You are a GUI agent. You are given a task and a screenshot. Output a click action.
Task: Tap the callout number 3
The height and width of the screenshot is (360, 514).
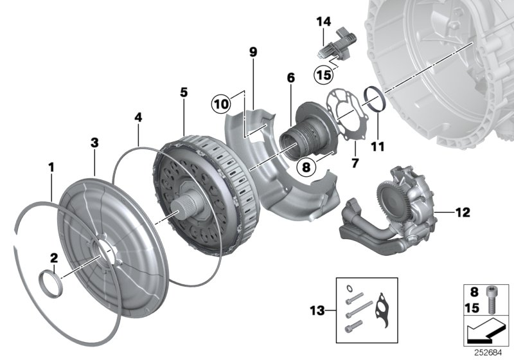pos(94,142)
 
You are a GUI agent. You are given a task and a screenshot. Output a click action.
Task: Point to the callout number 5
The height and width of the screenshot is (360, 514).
pos(184,93)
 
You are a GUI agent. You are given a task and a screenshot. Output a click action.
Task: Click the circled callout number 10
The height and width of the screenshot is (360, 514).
pos(222,103)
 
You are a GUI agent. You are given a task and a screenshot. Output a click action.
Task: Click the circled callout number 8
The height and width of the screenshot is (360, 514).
pos(306,167)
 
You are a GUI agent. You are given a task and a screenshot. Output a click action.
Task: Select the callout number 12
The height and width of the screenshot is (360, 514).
pos(463,211)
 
